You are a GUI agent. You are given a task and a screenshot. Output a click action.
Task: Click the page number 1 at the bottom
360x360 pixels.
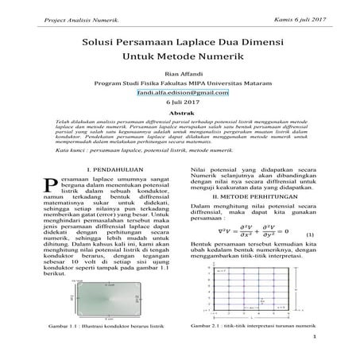point(315,359)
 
